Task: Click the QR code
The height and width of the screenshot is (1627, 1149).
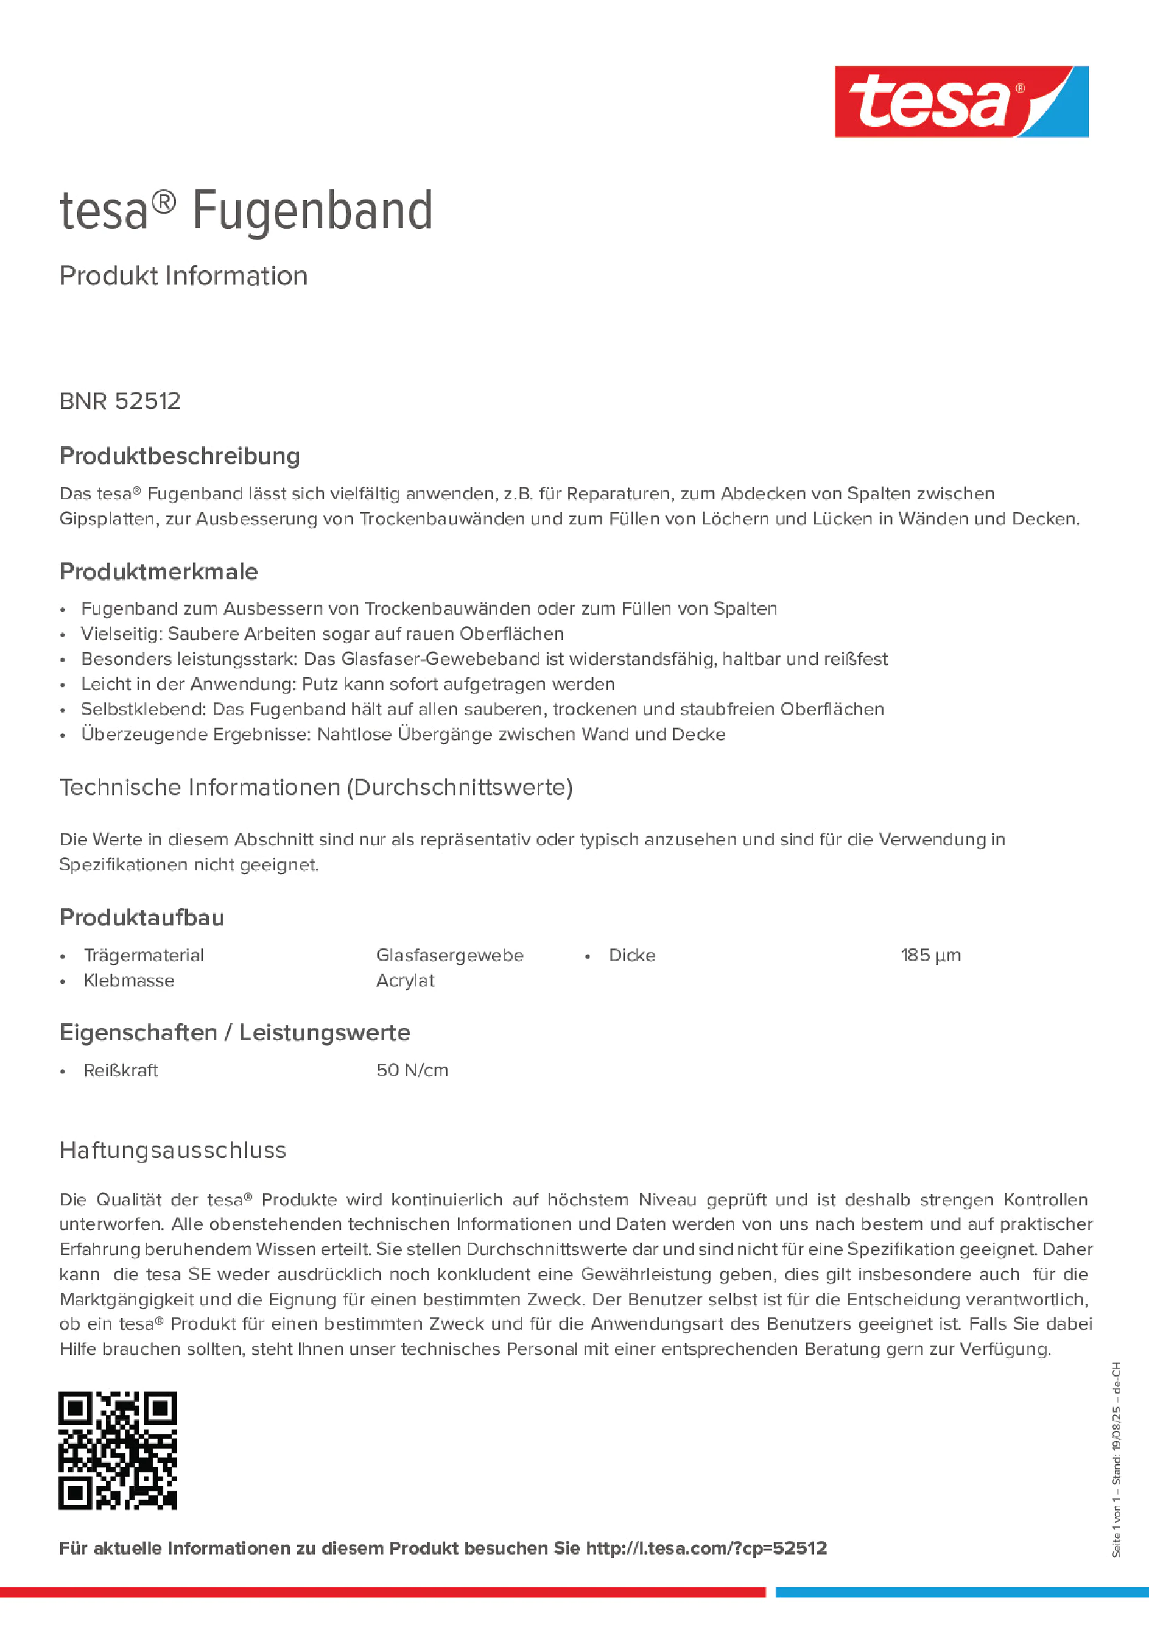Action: point(118,1450)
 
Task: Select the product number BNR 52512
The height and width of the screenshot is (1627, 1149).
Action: point(120,401)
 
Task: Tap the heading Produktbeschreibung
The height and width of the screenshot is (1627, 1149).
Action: point(179,456)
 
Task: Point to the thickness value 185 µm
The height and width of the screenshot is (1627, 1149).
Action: point(930,955)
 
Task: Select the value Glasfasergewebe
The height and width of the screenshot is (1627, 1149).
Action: point(449,955)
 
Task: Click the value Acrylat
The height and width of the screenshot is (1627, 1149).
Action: point(404,981)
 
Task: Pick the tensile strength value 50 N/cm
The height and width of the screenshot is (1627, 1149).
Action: point(412,1070)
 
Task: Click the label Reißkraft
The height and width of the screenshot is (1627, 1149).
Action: point(121,1070)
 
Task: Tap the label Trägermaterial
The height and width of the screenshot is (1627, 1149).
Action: point(143,955)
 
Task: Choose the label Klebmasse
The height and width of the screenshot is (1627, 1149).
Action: point(129,981)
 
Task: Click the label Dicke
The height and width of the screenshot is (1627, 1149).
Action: point(632,955)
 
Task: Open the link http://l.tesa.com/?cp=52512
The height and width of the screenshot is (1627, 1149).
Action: point(706,1548)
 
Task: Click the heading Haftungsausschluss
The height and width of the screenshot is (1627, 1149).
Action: point(173,1150)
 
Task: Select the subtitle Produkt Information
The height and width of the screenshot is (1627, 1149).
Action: point(183,276)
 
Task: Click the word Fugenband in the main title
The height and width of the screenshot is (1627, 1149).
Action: point(312,211)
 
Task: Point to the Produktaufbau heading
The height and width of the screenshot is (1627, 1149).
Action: point(142,918)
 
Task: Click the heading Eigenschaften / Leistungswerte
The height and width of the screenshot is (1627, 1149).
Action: point(234,1032)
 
